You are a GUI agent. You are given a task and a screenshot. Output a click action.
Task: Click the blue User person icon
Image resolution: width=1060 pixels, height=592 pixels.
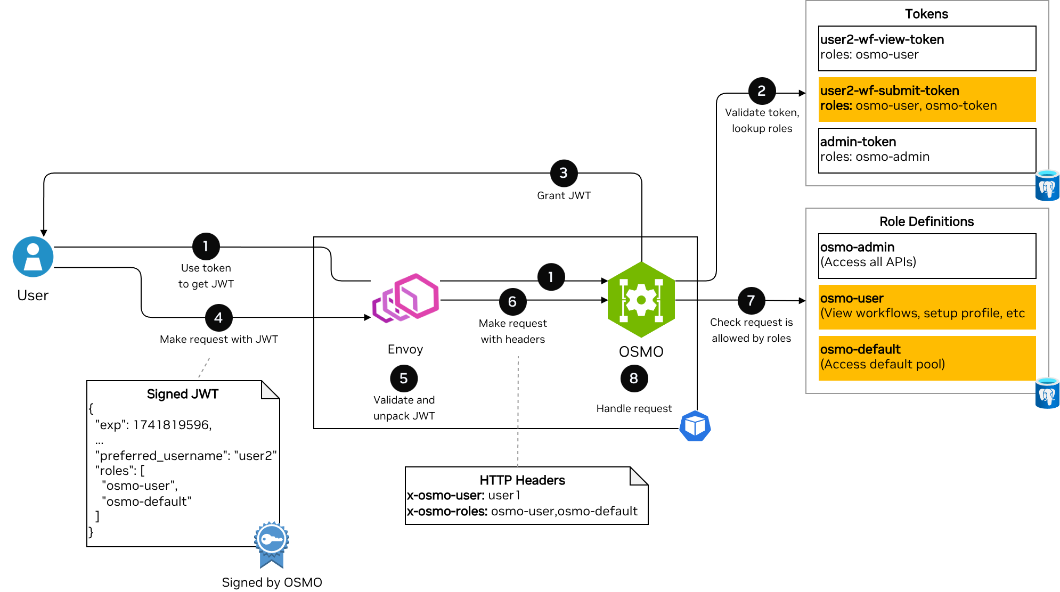point(33,257)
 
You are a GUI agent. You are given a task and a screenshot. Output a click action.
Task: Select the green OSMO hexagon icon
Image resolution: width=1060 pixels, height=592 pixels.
point(641,300)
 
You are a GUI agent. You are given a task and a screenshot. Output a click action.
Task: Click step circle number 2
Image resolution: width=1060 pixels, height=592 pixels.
point(762,92)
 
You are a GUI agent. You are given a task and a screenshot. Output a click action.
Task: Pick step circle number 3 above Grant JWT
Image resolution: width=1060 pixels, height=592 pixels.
point(564,173)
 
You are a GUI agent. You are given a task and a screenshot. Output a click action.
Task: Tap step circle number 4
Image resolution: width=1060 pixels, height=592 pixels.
point(218,318)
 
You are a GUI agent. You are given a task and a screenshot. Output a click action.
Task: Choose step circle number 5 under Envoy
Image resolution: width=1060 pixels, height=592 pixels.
point(404,379)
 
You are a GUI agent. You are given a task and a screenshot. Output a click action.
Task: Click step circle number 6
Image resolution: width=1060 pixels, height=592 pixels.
point(512,302)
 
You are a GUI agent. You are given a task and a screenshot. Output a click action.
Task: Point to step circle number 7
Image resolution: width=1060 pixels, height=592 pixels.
point(751,301)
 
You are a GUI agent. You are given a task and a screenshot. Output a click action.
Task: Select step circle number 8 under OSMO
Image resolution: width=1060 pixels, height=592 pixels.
point(634,379)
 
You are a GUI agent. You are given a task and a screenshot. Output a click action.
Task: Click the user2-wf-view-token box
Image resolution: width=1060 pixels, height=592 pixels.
point(927,48)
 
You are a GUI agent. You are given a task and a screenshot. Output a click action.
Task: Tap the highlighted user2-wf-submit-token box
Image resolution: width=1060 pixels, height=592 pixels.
point(927,99)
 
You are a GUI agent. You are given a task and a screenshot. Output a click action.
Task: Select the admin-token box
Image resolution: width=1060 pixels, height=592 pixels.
point(927,150)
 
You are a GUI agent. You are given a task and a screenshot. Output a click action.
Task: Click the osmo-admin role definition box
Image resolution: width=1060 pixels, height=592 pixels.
point(927,256)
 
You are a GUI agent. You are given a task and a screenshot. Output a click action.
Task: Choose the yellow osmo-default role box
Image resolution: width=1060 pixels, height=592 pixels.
point(927,358)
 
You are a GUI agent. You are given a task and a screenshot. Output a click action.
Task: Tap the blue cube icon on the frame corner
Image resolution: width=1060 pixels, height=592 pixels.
point(695,426)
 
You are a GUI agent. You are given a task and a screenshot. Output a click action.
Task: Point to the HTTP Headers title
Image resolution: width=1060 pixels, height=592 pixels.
point(522,480)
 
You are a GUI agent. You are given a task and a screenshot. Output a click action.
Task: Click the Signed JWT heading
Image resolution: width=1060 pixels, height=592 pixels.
point(183,394)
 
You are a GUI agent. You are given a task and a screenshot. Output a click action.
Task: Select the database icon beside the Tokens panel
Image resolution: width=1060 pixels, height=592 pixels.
point(1047,185)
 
